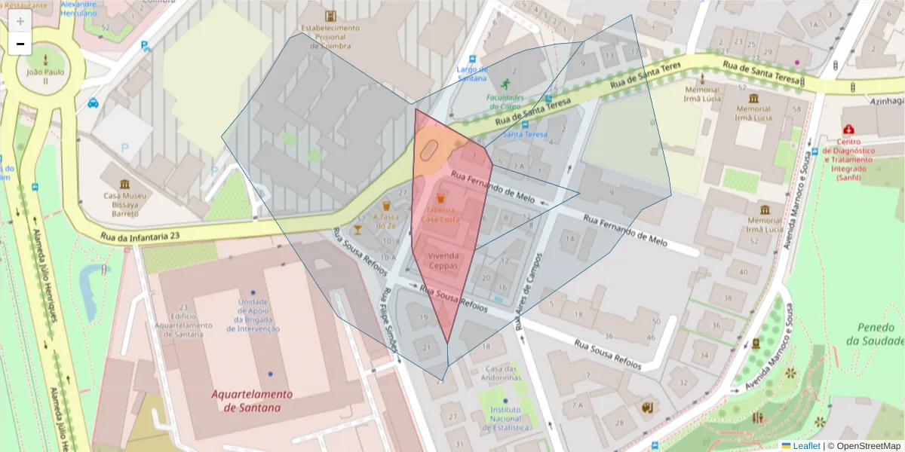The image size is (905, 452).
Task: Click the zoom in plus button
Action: tap(20, 21)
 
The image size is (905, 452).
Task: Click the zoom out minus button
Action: tap(20, 44)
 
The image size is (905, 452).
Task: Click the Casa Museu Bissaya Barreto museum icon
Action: tap(124, 185)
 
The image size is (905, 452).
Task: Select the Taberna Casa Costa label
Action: tap(440, 215)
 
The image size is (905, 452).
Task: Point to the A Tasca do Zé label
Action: tap(385, 221)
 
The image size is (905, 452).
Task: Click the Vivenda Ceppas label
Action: tap(443, 260)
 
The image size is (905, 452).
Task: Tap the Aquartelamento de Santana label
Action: tap(252, 401)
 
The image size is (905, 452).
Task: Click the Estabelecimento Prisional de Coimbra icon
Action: tap(330, 16)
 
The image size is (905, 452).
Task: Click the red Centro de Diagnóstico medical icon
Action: tap(850, 130)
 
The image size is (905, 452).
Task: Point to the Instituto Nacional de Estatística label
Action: tap(505, 418)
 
